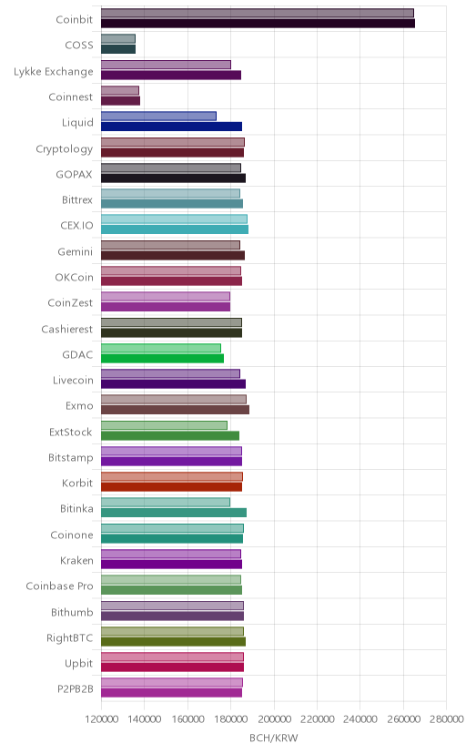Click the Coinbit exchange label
[x=74, y=19]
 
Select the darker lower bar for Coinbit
[x=258, y=23]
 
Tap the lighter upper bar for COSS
[x=118, y=39]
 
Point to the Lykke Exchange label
[x=54, y=71]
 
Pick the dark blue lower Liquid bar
[x=171, y=127]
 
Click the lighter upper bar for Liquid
[x=158, y=116]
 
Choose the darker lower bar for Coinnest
[x=120, y=100]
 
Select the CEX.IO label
[x=76, y=226]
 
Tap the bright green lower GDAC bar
[x=162, y=358]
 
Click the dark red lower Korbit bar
[x=171, y=487]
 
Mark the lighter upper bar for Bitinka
[x=166, y=502]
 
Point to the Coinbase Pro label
[x=59, y=586]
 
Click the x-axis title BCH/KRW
[x=274, y=739]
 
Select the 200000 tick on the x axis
[x=274, y=718]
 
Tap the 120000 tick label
[x=101, y=718]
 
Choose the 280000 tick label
[x=446, y=718]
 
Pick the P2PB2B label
[x=76, y=689]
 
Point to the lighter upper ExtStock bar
[x=164, y=425]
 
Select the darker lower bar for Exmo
[x=175, y=410]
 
